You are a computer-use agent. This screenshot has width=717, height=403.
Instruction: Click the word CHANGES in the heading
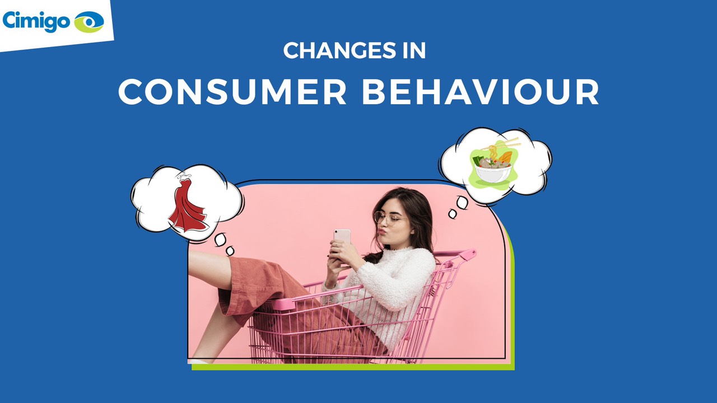(x=339, y=50)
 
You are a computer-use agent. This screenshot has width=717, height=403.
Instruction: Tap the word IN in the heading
(x=414, y=50)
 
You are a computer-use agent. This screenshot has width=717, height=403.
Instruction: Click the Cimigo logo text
(x=36, y=21)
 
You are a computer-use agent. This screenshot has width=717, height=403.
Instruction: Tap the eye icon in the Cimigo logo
(x=89, y=22)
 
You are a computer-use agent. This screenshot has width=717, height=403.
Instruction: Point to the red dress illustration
(x=188, y=205)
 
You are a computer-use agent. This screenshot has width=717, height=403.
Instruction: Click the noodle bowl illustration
(x=493, y=166)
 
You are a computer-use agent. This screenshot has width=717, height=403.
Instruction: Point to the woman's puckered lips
(x=381, y=231)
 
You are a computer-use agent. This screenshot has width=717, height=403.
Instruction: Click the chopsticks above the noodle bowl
(x=500, y=144)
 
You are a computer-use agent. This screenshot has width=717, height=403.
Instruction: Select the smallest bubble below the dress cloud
(x=230, y=251)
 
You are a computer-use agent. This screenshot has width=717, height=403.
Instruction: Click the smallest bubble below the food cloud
(x=453, y=214)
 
